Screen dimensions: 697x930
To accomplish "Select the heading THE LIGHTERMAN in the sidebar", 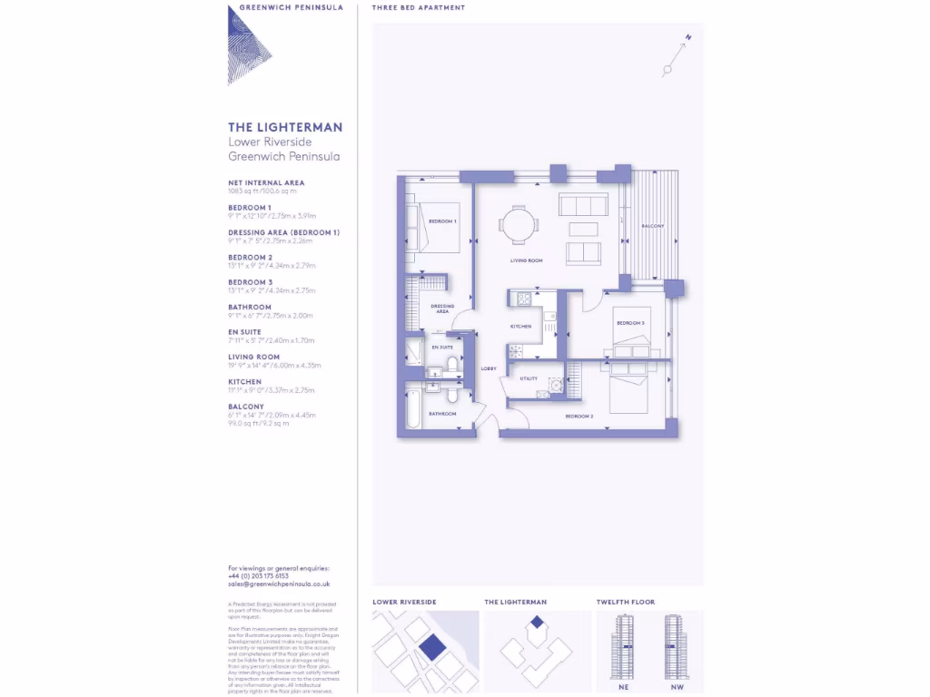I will pos(285,128).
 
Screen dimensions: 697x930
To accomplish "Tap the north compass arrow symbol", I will pos(677,54).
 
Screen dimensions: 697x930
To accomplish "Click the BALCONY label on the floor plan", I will pos(652,226).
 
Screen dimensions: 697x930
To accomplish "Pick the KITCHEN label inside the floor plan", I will pos(520,326).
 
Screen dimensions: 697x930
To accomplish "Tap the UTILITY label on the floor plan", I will pos(529,378).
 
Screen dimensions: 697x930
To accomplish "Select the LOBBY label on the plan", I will pos(488,369).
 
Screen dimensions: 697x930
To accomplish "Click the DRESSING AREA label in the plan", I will pos(442,309).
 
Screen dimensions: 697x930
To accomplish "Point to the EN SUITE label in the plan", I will pos(442,348).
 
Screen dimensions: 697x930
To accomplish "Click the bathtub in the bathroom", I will pos(413,410).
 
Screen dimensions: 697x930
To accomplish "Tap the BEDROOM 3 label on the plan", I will pos(629,323).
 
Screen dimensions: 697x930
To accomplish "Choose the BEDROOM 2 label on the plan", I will pos(579,416).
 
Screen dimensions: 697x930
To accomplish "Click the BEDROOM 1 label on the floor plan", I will pos(442,221).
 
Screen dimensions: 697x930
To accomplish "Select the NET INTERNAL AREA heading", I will pos(266,182).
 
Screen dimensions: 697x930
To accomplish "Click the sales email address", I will pos(279,584).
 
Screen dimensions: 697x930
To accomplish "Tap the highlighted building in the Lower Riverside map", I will pos(432,648).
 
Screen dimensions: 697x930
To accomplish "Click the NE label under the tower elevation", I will pos(625,687).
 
